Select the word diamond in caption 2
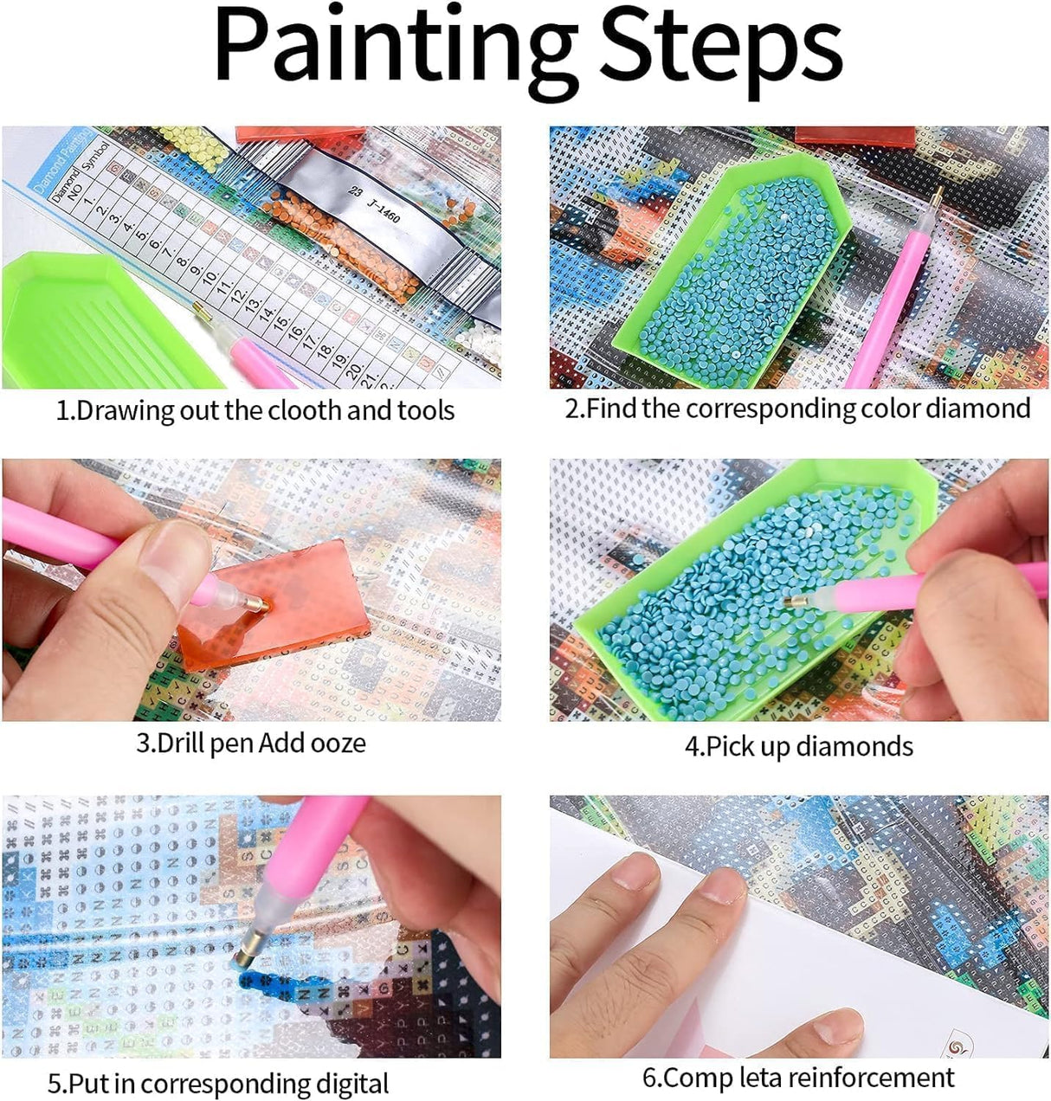point(978,408)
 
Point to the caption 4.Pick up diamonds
point(798,746)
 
